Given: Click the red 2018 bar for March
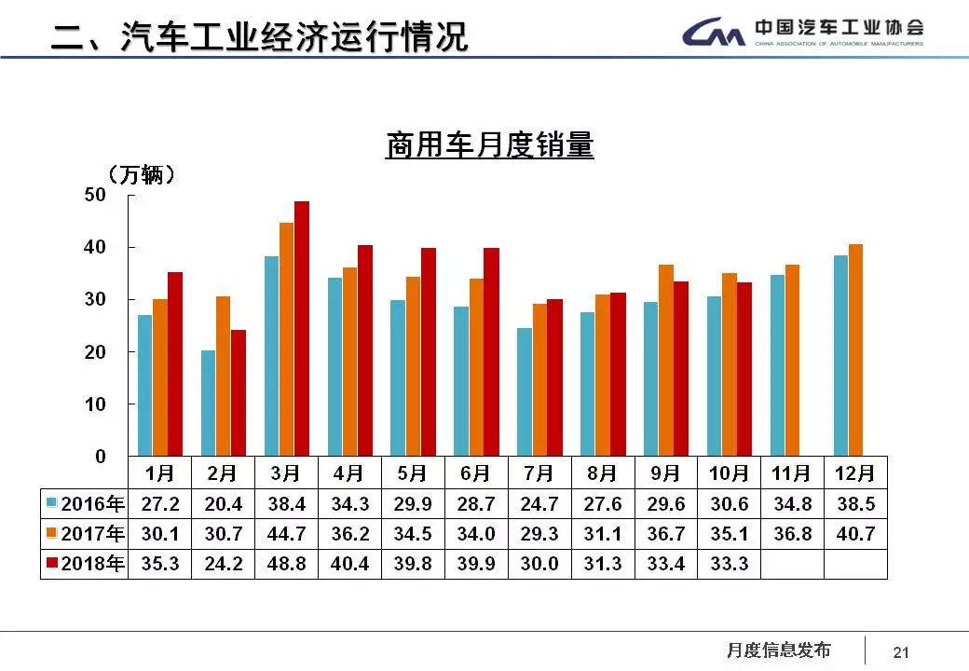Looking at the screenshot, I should (x=302, y=328).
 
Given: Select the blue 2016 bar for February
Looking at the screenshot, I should (x=209, y=403).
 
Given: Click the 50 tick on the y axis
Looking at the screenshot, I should (x=96, y=195).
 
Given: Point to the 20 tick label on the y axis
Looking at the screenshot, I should (x=96, y=352).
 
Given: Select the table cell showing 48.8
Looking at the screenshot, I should (x=286, y=564).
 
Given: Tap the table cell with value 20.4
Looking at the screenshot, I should (x=223, y=504).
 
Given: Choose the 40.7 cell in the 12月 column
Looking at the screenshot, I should (x=855, y=534).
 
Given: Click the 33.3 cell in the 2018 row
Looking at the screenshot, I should (x=729, y=564).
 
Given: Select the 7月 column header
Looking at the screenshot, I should (x=539, y=472).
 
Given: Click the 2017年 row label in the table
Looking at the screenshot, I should (x=85, y=534).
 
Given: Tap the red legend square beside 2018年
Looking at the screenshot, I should (x=53, y=564).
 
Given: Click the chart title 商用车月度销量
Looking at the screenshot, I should (x=489, y=146).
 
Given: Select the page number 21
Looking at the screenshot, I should (x=901, y=652).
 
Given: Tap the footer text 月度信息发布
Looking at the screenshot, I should (x=778, y=650).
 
